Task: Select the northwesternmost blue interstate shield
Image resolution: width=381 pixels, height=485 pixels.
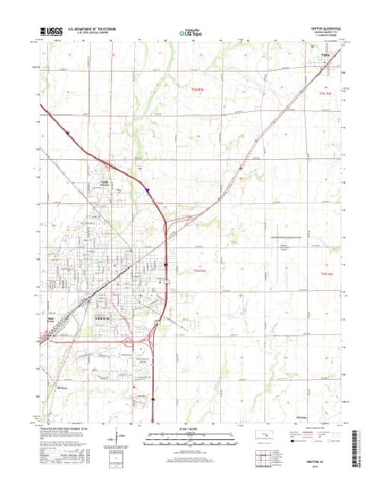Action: [x=67, y=132]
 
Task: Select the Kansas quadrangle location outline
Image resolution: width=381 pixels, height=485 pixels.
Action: [x=264, y=437]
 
